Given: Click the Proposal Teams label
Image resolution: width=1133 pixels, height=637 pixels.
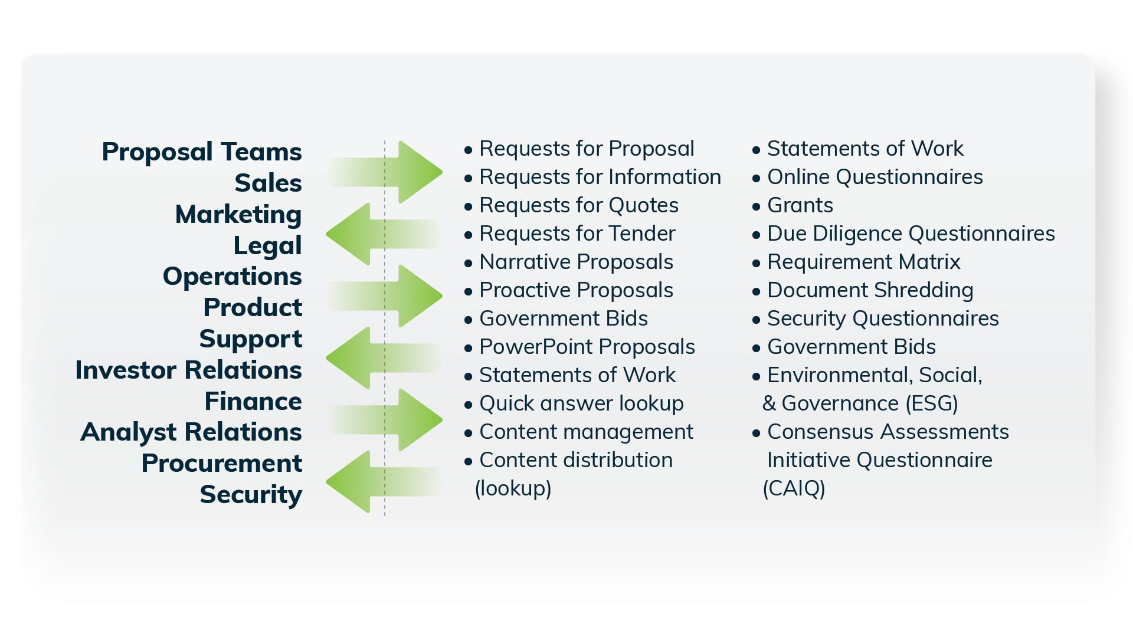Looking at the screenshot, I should (201, 152).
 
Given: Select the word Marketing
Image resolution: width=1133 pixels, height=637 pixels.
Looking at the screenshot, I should (238, 214).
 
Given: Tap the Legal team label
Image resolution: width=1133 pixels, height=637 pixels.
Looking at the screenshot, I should (267, 245).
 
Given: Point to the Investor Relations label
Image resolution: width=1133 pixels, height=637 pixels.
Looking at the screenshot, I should (188, 370).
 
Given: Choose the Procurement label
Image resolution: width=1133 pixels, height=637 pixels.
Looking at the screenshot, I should (221, 463).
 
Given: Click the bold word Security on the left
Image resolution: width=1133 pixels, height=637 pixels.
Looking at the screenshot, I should (251, 494).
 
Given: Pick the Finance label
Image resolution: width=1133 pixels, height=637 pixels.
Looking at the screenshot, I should (253, 401).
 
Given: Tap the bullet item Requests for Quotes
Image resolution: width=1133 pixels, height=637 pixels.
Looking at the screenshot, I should (578, 205).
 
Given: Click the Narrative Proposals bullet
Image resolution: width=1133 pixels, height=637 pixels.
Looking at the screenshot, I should (576, 262).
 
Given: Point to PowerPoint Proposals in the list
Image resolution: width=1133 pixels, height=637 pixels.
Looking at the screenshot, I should (587, 347).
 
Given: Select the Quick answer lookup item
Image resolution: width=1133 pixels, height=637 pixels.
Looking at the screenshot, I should (581, 403).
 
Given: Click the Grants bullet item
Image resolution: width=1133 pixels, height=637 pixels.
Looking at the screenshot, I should (800, 205).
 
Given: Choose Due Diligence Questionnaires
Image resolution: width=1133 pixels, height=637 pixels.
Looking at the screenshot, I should (911, 234).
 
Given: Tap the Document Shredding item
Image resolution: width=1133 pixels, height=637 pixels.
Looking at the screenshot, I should (870, 290).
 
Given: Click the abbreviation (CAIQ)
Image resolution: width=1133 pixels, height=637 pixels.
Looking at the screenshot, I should (794, 488).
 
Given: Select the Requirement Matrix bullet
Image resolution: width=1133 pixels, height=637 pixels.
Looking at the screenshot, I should (863, 262).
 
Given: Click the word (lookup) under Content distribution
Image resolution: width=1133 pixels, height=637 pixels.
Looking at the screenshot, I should (513, 488).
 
